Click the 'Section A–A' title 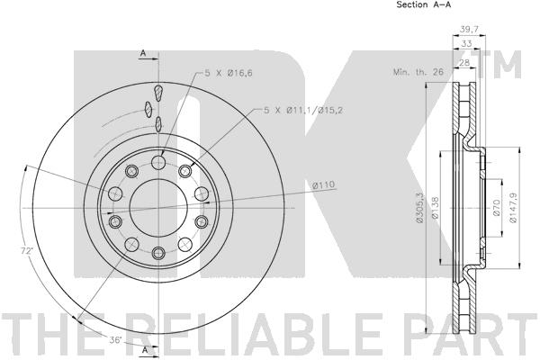pos(424,4)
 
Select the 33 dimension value pos(466,44)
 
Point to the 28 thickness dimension pos(464,62)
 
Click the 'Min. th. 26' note pos(418,72)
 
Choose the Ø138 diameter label pos(435,207)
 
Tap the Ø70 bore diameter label pos(496,208)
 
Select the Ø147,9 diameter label pos(513,208)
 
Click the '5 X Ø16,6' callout pos(229,73)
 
